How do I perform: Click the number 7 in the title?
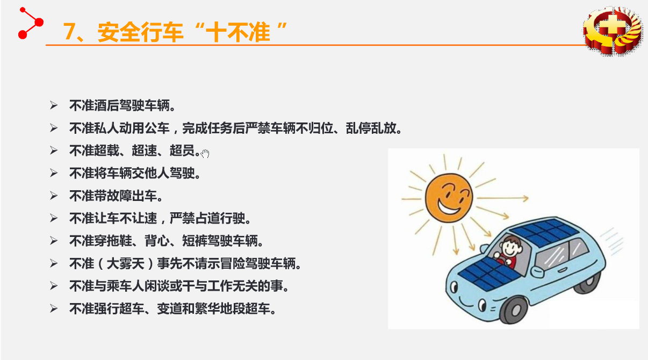69,31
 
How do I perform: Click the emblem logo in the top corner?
613,31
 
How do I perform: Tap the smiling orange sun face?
449,198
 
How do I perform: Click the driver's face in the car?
511,247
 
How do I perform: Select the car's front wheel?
515,310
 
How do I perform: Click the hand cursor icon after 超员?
205,154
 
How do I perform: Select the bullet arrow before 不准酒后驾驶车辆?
54,105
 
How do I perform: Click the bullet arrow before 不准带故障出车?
54,196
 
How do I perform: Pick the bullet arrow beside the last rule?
54,308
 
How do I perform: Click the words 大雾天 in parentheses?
125,264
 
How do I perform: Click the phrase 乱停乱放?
371,128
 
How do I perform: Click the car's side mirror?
537,271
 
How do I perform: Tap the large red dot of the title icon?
39,22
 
